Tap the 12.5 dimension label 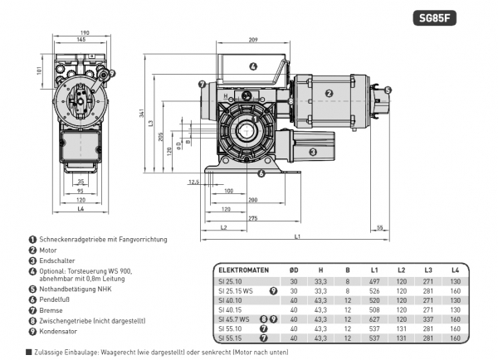point(194,182)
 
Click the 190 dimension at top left point(81,32)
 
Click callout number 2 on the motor point(329,94)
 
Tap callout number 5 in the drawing point(388,90)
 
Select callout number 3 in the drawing point(313,152)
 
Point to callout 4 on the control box point(253,66)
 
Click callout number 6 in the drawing point(261,173)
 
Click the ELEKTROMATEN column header point(242,270)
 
